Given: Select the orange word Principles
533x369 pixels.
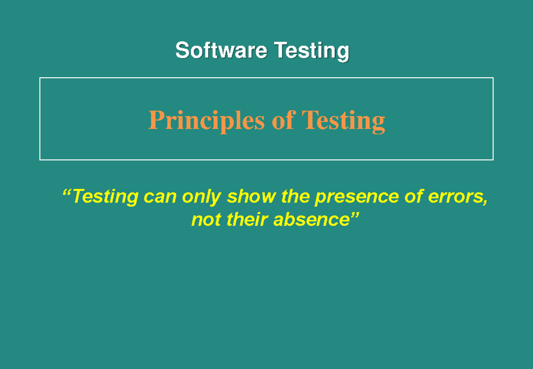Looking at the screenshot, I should pos(207,121).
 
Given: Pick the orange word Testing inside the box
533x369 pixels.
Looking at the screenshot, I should pos(342,121).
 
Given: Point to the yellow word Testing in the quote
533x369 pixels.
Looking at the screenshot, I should pos(105,196).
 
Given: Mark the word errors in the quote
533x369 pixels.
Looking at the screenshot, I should pos(455,197).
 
